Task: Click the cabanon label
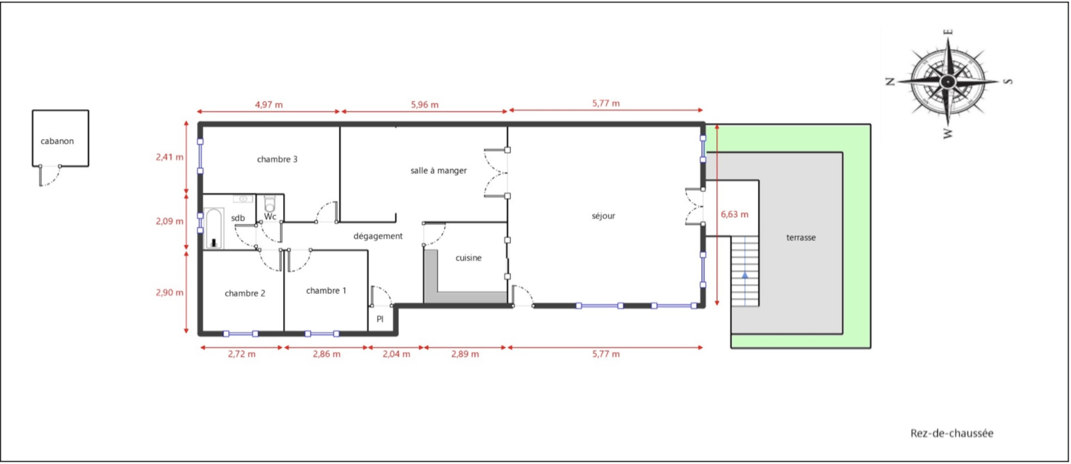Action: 57,141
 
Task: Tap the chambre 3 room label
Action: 277,159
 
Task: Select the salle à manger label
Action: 438,170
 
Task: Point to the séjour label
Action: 603,216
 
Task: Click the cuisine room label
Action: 469,258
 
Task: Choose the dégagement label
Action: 378,236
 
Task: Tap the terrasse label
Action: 801,237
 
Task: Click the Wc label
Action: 270,217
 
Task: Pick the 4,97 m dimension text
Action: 268,104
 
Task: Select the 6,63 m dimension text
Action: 734,214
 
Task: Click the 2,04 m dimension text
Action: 396,354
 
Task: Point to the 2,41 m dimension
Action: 170,157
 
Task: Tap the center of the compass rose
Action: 948,82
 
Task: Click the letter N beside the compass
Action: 890,81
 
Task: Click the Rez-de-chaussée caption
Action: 952,433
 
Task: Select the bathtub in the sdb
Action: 214,228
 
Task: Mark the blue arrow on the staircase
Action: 745,275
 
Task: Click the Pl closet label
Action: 380,319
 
